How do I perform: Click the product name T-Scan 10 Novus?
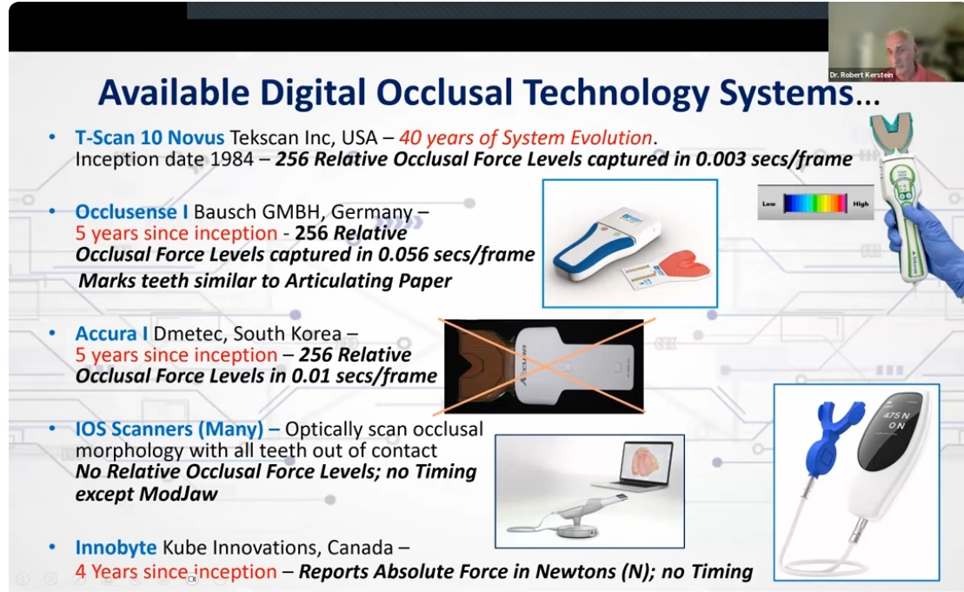(150, 137)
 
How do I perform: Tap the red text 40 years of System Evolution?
(525, 137)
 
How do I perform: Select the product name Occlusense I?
(132, 211)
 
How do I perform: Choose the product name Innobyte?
(116, 548)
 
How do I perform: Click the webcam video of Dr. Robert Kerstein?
(895, 41)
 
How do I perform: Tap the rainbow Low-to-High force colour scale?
(814, 203)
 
